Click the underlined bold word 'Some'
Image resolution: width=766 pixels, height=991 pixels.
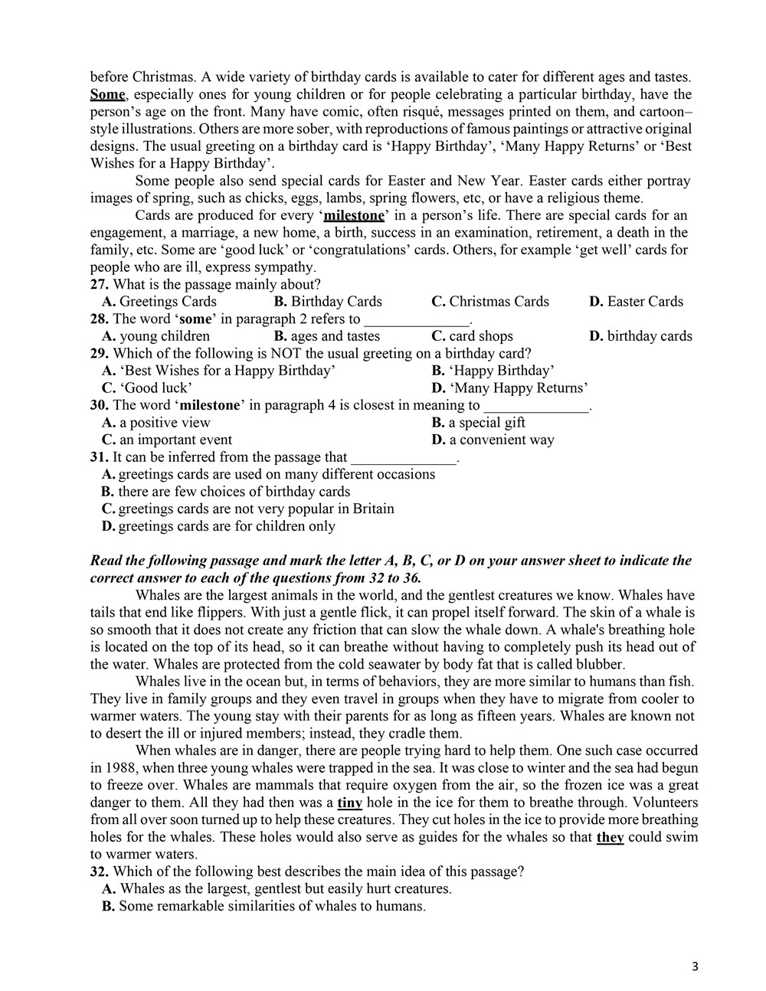coord(107,95)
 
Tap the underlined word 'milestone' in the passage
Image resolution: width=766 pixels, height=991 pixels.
coord(354,215)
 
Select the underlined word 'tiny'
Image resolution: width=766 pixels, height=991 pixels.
coord(349,803)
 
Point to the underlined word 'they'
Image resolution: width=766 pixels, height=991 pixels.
coord(610,837)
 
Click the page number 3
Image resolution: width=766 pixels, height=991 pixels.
coord(695,966)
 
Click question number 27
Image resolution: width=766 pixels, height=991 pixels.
coord(99,284)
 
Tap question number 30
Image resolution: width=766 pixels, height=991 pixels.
coord(99,405)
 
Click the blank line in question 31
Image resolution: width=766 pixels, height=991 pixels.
coord(403,458)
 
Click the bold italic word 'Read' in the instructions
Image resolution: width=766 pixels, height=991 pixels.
coord(106,561)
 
